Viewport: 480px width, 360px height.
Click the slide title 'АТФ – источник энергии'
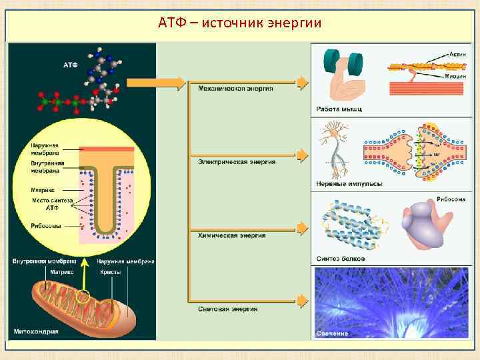coord(240,24)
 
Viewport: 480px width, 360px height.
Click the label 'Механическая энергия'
coord(235,89)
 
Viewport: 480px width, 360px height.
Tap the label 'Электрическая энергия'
coord(237,161)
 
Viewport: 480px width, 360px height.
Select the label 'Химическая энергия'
coord(231,235)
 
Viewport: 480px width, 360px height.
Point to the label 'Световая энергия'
coord(228,309)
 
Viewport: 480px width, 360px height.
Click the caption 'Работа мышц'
coord(339,109)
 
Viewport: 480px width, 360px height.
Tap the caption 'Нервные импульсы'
coord(349,183)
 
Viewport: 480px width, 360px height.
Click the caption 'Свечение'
coord(331,333)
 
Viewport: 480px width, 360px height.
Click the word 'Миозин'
coord(457,77)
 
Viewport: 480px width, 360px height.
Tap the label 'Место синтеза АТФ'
coord(50,204)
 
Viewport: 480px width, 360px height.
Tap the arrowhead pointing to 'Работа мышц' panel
coord(303,82)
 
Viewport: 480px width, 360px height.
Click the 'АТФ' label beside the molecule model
coord(71,65)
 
